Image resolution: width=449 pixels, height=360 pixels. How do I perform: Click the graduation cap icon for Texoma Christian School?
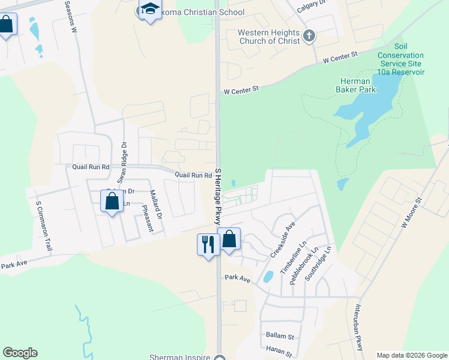click(x=149, y=10)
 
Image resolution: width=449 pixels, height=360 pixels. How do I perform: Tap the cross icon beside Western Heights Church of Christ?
click(x=309, y=36)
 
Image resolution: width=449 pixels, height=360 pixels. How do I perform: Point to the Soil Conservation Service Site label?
click(x=400, y=59)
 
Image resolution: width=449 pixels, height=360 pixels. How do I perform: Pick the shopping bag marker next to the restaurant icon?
click(x=229, y=239)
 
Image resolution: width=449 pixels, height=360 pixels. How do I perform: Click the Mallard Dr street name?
click(x=155, y=204)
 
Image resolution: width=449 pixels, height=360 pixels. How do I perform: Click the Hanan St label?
click(x=280, y=354)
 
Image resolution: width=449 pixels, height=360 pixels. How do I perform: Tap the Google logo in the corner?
click(x=20, y=353)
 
